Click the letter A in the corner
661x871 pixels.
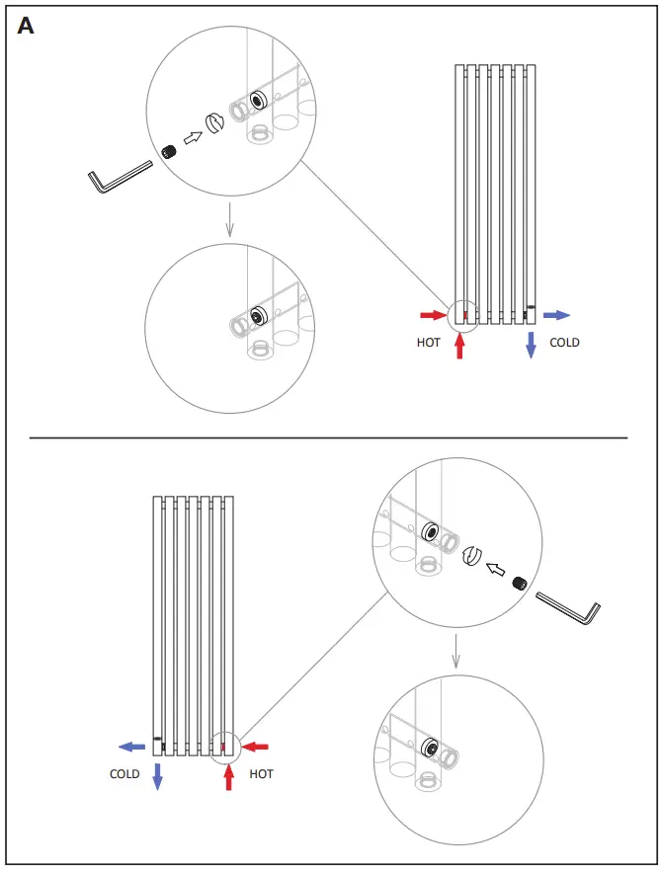click(x=26, y=27)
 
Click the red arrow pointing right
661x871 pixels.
click(x=433, y=315)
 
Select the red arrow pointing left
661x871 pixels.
click(x=255, y=746)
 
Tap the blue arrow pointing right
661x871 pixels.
click(x=557, y=315)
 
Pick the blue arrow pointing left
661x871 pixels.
click(x=132, y=747)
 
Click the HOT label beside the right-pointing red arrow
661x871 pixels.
click(x=428, y=343)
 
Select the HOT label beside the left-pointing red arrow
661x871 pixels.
click(x=261, y=774)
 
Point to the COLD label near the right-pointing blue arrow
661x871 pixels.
click(x=564, y=343)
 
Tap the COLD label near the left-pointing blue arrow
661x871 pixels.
click(x=124, y=774)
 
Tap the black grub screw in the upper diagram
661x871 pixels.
click(x=169, y=150)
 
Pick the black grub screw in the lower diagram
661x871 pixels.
click(x=518, y=583)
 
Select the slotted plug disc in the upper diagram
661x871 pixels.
click(x=213, y=123)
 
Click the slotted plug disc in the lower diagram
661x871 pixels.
click(x=471, y=557)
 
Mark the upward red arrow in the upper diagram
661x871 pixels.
click(x=459, y=346)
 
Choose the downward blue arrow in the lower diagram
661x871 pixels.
click(x=157, y=776)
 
